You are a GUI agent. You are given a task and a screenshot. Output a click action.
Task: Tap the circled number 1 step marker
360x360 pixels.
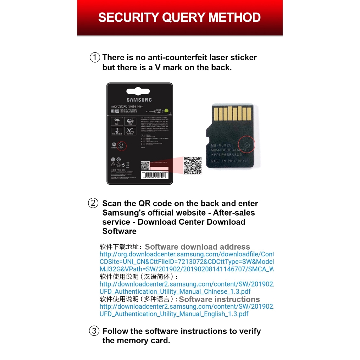tap(95, 57)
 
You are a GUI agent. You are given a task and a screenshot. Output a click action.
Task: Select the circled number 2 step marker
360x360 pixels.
tap(93, 203)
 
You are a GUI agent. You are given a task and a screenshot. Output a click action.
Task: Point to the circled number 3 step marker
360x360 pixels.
tap(94, 331)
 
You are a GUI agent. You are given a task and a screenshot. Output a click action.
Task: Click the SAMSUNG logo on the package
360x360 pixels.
tap(139, 100)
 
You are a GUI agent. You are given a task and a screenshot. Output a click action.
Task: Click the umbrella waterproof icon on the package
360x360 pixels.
tap(116, 122)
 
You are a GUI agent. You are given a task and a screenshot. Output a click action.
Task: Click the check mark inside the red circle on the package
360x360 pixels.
tap(121, 144)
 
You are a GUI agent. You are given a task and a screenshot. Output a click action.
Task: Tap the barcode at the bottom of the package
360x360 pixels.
tap(155, 178)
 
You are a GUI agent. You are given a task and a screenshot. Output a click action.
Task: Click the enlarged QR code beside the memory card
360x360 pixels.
tap(193, 166)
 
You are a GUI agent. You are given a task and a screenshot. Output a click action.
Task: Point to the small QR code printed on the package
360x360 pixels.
tap(146, 166)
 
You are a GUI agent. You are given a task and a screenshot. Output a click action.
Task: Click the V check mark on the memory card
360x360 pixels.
tap(246, 144)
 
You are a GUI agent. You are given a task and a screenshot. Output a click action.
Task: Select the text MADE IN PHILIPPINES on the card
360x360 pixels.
tap(231, 161)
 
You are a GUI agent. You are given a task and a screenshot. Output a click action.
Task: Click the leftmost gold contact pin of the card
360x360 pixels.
tap(216, 114)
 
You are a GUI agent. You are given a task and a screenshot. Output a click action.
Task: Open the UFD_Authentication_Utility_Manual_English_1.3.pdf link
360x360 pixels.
tap(174, 314)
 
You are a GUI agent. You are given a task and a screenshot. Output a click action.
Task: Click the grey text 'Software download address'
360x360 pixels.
tap(197, 247)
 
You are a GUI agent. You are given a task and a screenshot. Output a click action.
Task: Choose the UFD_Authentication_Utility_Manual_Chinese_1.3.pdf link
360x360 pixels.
tap(175, 291)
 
